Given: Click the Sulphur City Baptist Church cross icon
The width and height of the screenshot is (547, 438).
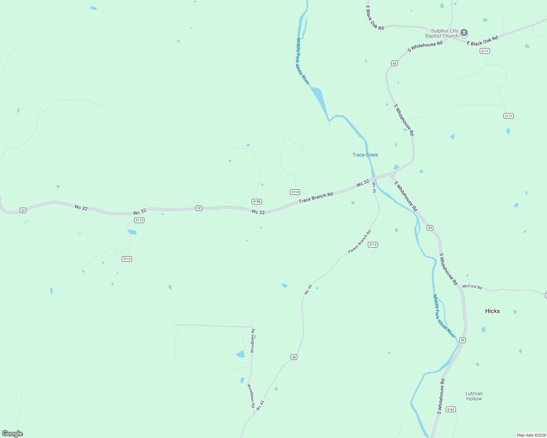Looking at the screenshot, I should pyautogui.click(x=464, y=33).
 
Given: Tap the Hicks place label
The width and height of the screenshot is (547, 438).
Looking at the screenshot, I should pyautogui.click(x=492, y=311).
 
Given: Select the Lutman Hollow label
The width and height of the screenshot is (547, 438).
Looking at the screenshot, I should pyautogui.click(x=474, y=396).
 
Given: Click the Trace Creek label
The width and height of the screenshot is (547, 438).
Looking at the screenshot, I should pyautogui.click(x=365, y=155).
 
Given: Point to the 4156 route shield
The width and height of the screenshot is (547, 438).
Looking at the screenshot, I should pyautogui.click(x=257, y=201).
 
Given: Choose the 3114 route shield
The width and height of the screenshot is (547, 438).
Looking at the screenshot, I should pyautogui.click(x=295, y=192).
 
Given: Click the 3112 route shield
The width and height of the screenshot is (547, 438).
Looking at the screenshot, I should pyautogui.click(x=373, y=245).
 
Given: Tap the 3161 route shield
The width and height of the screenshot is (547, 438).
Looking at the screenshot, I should pyautogui.click(x=451, y=410).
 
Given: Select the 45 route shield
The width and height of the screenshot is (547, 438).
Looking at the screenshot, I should pyautogui.click(x=294, y=357).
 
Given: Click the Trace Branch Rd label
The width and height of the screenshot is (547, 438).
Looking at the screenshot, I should pyautogui.click(x=316, y=197).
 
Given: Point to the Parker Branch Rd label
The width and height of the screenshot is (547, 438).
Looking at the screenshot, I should pyautogui.click(x=359, y=242).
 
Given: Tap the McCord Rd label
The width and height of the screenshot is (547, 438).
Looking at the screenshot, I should pyautogui.click(x=472, y=287).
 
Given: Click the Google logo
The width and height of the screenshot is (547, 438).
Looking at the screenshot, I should pyautogui.click(x=12, y=434).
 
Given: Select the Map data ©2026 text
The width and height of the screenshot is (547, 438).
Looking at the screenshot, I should pyautogui.click(x=531, y=435).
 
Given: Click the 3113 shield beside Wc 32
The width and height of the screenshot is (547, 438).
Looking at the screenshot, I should pyautogui.click(x=139, y=220).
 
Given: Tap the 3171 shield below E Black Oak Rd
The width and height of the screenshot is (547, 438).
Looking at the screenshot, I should pyautogui.click(x=485, y=51).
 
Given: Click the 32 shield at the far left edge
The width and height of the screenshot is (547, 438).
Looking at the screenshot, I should pyautogui.click(x=23, y=211).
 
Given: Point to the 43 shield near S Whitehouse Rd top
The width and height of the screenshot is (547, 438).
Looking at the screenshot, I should pyautogui.click(x=394, y=64).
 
